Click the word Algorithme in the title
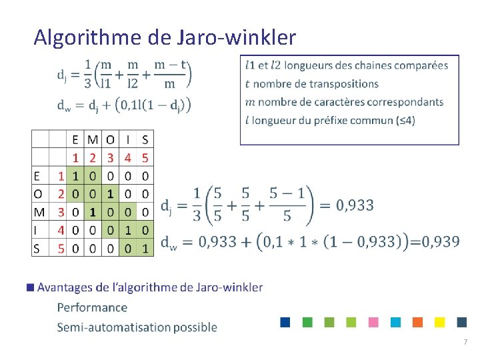[x=84, y=37]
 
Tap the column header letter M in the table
[x=93, y=140]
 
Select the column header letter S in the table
[x=145, y=140]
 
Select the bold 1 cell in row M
[x=93, y=212]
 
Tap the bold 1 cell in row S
[x=145, y=248]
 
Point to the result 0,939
[x=436, y=241]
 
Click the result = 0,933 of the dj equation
[x=348, y=205]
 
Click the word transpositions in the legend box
[x=343, y=84]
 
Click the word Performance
[x=92, y=307]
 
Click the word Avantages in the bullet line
[x=65, y=287]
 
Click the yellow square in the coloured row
[x=439, y=322]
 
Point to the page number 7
[x=465, y=342]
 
